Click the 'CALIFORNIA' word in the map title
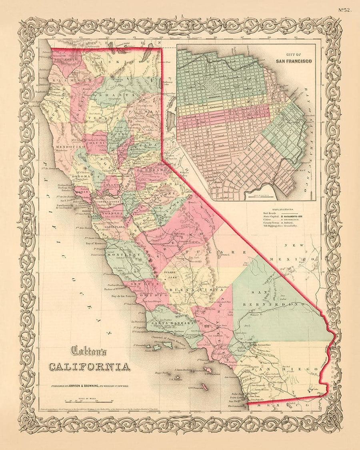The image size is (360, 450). pyautogui.click(x=89, y=366)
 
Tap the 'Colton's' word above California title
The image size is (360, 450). pyautogui.click(x=88, y=351)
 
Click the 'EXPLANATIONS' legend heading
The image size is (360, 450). pyautogui.click(x=285, y=209)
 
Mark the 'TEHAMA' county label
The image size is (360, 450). pyautogui.click(x=98, y=118)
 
